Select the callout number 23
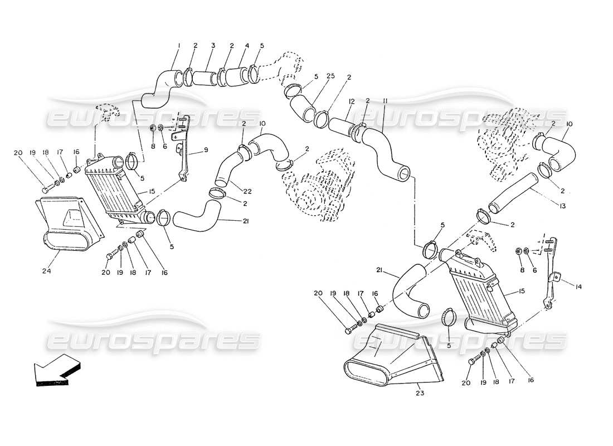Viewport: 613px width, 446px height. [x=419, y=392]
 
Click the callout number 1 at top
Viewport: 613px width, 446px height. [x=179, y=45]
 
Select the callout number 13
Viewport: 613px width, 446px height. [x=562, y=206]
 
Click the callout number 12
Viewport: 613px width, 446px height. [x=352, y=101]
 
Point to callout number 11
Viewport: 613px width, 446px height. [x=385, y=101]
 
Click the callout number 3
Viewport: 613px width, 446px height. [x=213, y=45]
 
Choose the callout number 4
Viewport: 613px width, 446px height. [x=246, y=45]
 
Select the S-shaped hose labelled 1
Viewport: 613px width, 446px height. [x=159, y=89]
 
